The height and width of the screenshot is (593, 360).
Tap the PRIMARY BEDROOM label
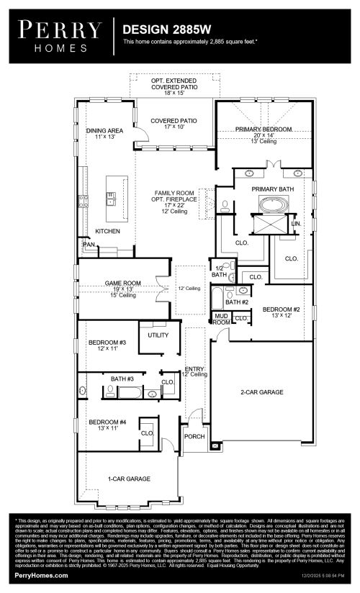point(263,129)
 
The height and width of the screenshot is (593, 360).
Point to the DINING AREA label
point(105,131)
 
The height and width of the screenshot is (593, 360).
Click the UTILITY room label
point(158,335)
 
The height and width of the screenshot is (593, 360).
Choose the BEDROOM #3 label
point(102,343)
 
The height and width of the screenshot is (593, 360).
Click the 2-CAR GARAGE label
point(261,392)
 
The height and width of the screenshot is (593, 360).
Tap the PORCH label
point(194,436)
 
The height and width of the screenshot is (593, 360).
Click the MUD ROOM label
point(221,320)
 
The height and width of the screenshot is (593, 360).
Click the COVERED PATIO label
point(176,120)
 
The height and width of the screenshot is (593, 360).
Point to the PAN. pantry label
point(89,245)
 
